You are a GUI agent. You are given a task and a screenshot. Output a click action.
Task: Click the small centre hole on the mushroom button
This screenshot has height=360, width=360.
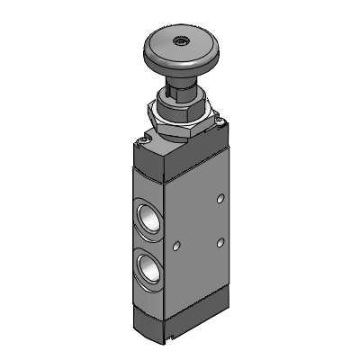[x=181, y=40]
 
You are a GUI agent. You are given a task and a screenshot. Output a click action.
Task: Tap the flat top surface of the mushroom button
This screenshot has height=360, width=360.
[x=166, y=45]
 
